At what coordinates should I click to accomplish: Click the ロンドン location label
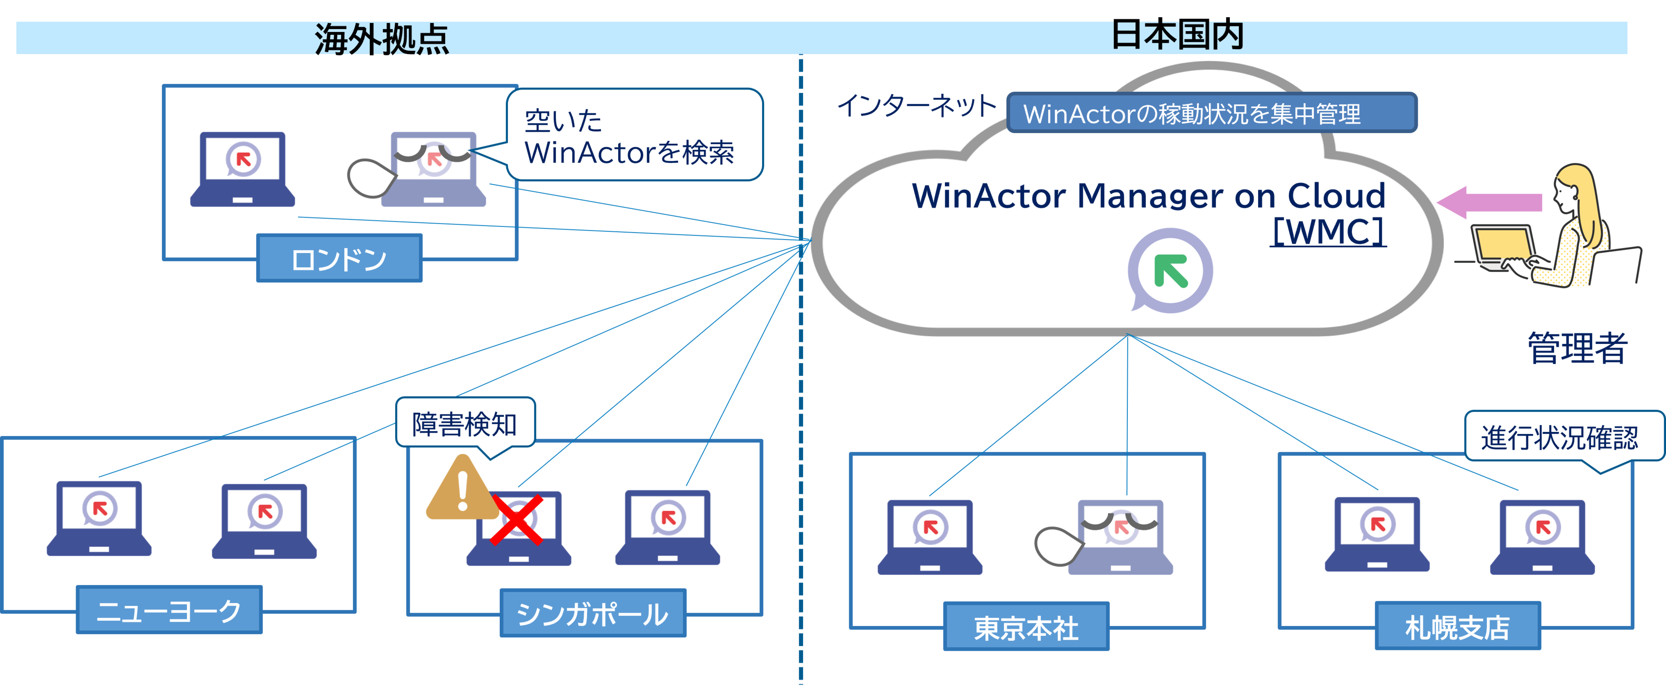pos(339,259)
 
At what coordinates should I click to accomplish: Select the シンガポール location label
pos(592,613)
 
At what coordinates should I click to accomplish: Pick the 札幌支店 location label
pos(1457,626)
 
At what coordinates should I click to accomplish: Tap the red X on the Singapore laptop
pos(516,520)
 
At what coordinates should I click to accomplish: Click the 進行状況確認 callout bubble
pos(1559,437)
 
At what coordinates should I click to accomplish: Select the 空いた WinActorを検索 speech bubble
pos(634,136)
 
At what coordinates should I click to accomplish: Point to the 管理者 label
pos(1577,348)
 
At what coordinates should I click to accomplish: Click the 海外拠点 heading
pos(381,39)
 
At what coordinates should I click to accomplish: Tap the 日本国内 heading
pos(1177,35)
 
